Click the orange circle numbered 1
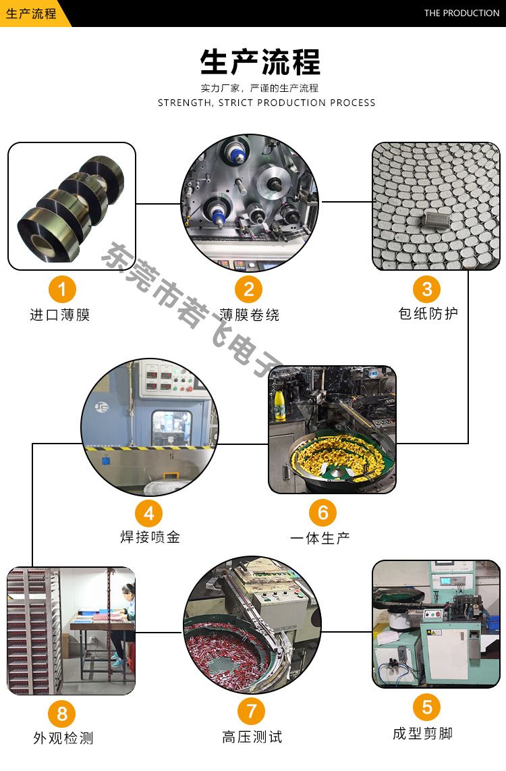coord(62,289)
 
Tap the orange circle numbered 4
coord(149,513)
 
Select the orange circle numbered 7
coord(251,711)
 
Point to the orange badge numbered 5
coord(427,707)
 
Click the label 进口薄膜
coord(60,315)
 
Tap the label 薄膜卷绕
coord(250,315)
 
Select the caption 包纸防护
coord(428,313)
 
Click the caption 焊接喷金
coord(150,537)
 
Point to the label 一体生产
coord(320,538)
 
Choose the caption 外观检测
coord(63,737)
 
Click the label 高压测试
coord(252,737)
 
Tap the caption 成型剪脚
coord(423,733)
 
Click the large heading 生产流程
coord(260,62)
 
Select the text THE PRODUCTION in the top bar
coord(461,14)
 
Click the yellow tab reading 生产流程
coord(31,14)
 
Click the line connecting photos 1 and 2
coord(159,203)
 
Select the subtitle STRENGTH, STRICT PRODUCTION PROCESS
coord(266,103)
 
